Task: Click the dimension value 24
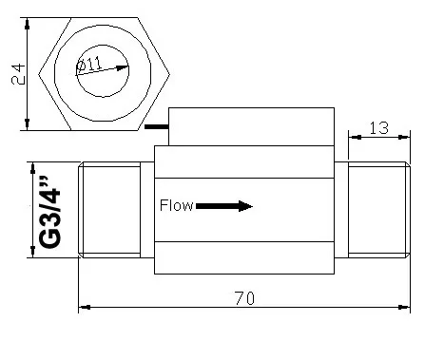[x=18, y=74]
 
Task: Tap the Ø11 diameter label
[x=89, y=65]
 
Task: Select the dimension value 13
[x=379, y=128]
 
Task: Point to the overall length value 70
[x=244, y=298]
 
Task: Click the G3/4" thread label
[x=49, y=211]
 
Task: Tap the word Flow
[x=176, y=205]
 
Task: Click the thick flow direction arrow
[x=224, y=206]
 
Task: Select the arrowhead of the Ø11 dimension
[x=122, y=67]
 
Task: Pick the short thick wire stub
[x=157, y=127]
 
